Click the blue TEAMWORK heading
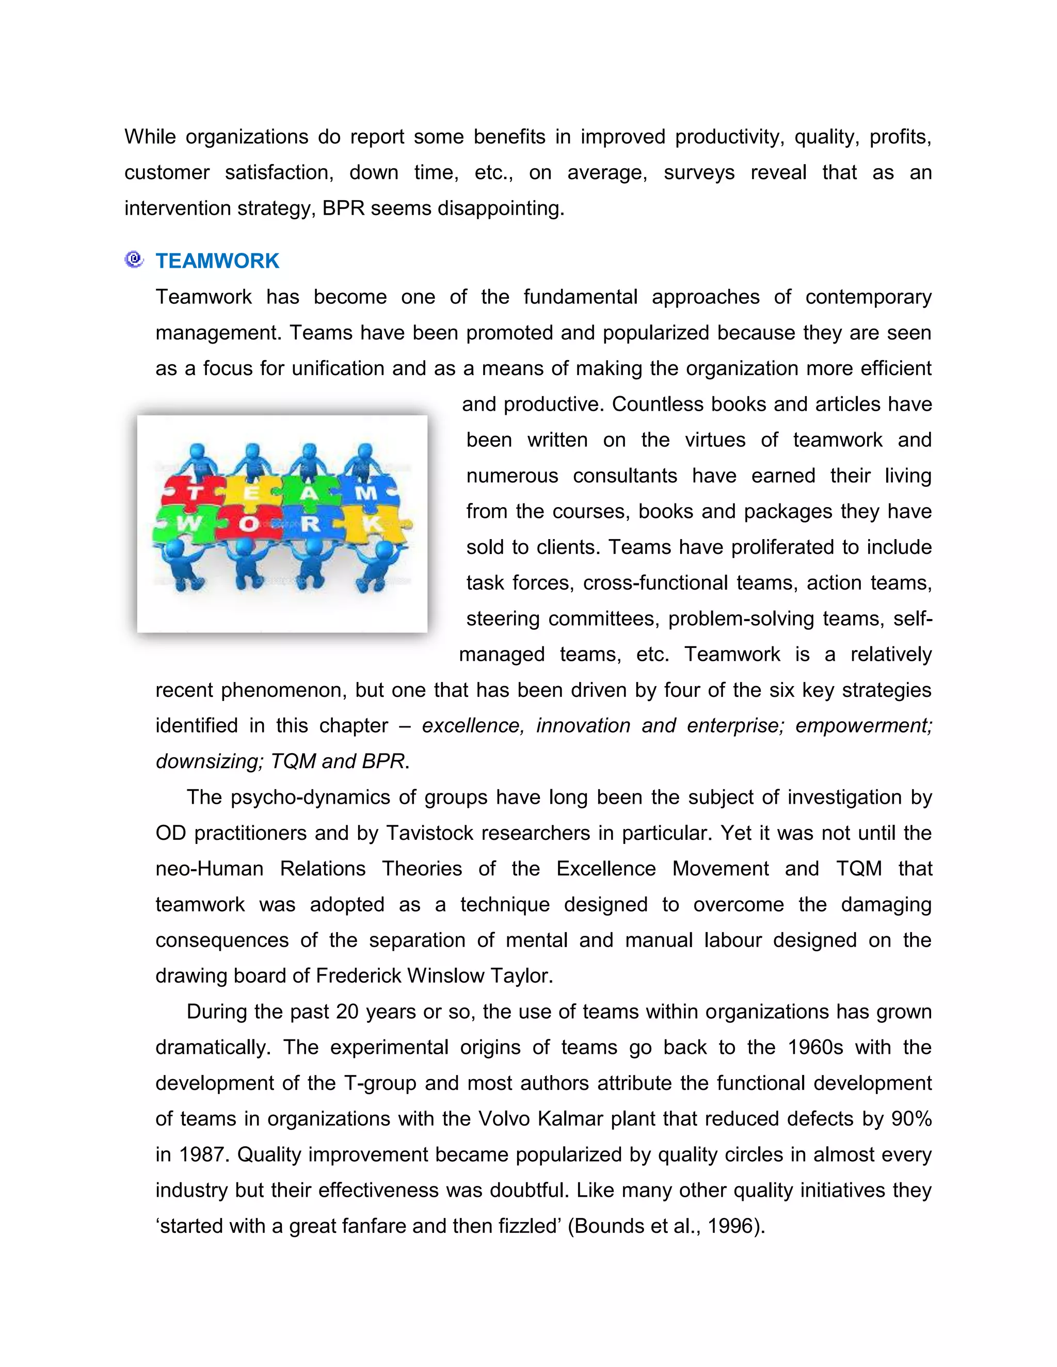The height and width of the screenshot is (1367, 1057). pyautogui.click(x=217, y=261)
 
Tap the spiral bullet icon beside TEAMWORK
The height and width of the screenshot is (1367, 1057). pyautogui.click(x=134, y=259)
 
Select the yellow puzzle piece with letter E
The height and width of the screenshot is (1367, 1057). pyautogui.click(x=250, y=492)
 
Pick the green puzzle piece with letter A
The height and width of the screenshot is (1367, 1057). pyautogui.click(x=309, y=492)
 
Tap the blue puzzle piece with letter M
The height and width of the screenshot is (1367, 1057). pyautogui.click(x=366, y=492)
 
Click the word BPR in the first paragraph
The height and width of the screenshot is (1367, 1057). pyautogui.click(x=343, y=208)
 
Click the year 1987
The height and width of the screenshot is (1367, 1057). pyautogui.click(x=202, y=1154)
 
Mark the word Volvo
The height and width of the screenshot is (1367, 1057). pyautogui.click(x=505, y=1118)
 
